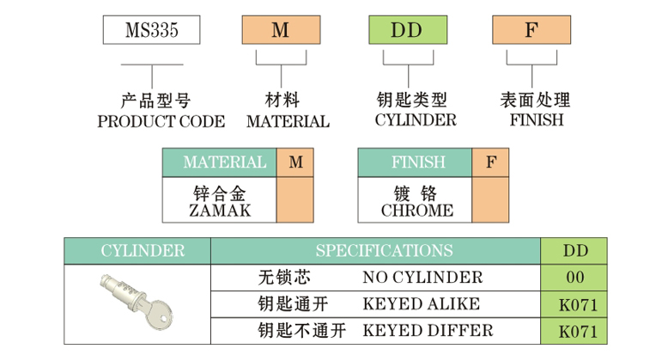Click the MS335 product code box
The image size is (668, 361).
151,31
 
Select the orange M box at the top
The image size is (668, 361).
281,31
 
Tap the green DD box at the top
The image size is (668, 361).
406,31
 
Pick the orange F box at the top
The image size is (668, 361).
531,31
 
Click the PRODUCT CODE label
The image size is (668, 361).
161,121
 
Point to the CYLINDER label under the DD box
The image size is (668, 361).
416,120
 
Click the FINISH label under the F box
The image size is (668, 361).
537,120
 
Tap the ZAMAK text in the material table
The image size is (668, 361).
219,211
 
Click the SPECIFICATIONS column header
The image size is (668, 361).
383,251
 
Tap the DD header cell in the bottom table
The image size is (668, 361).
574,251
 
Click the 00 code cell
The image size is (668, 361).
574,278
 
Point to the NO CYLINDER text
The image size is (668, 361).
422,278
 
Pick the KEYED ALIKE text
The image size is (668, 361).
422,303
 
